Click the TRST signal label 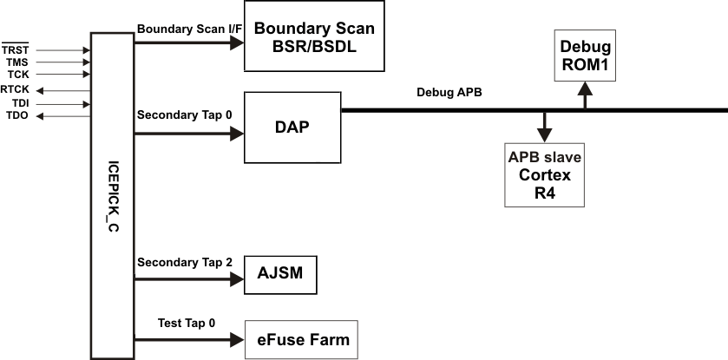click(x=16, y=50)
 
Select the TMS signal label click(x=16, y=62)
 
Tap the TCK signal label click(x=16, y=75)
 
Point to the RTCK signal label click(x=15, y=89)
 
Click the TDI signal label click(x=16, y=102)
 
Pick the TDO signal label click(x=16, y=115)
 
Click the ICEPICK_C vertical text click(x=112, y=196)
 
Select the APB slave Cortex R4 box click(x=544, y=173)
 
